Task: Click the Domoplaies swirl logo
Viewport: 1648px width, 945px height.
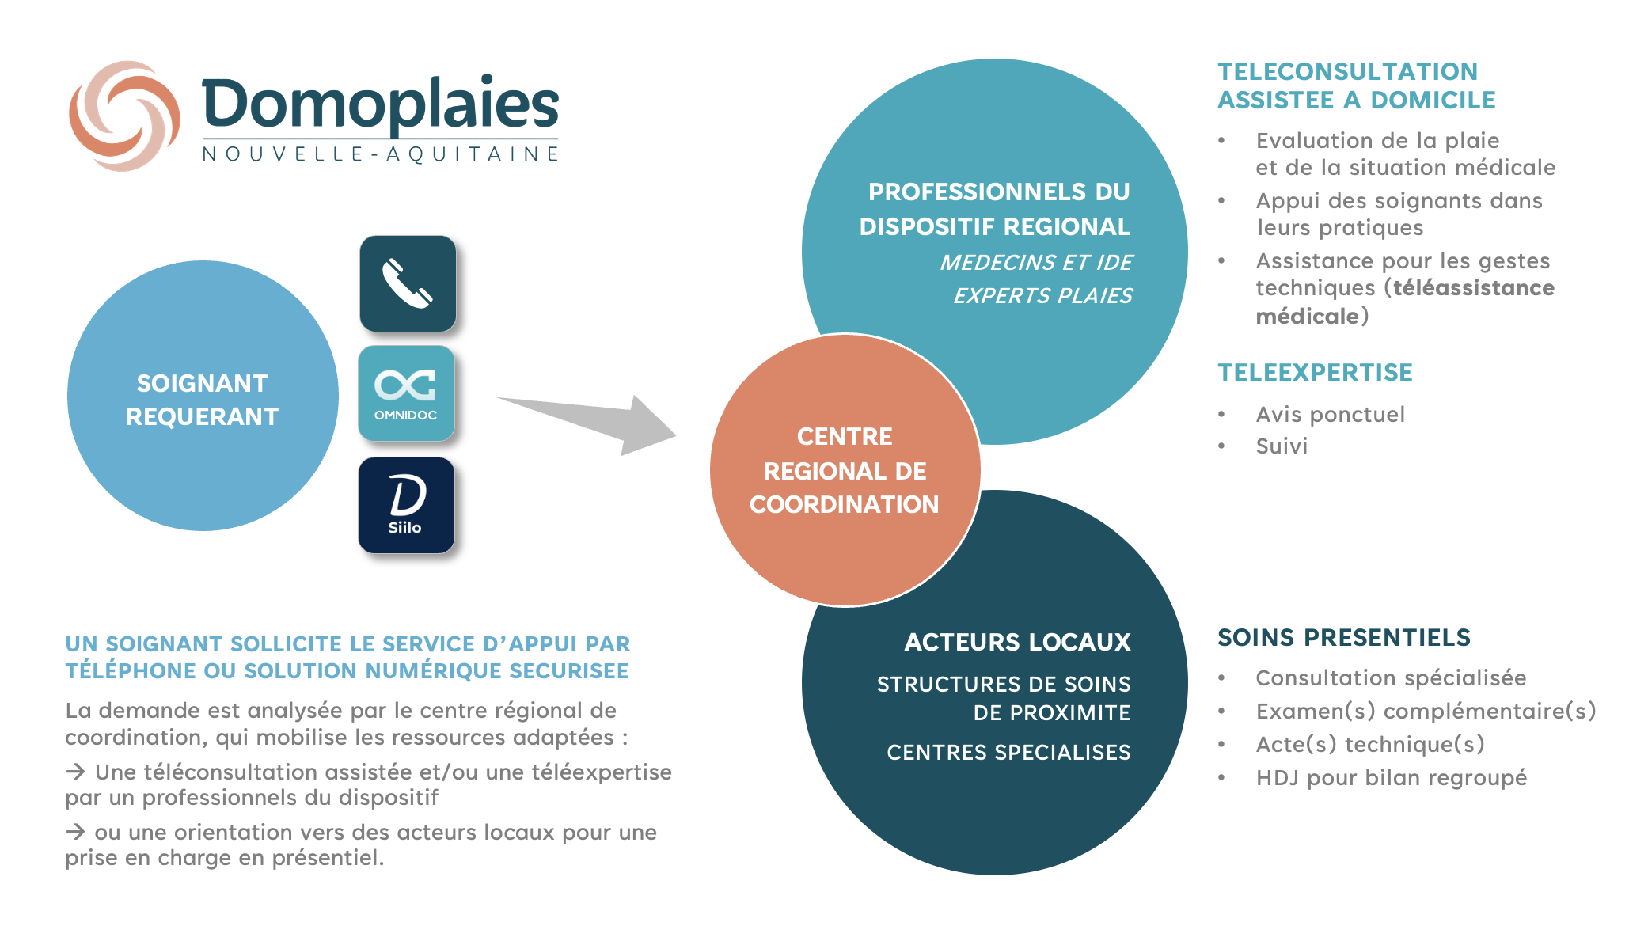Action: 124,116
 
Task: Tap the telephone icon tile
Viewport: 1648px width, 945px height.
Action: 408,283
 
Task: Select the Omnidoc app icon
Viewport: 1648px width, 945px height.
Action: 406,393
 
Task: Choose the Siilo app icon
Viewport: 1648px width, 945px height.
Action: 406,505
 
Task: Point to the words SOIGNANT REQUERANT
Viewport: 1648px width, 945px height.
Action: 203,400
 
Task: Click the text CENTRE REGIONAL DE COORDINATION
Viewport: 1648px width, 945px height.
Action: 845,470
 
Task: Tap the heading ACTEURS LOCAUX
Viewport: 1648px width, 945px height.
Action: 1018,642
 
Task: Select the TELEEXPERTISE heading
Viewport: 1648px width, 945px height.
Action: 1315,372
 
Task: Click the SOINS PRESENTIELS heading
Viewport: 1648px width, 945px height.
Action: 1344,637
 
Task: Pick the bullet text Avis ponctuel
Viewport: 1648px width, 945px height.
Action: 1331,414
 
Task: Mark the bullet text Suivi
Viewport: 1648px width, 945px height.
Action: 1282,446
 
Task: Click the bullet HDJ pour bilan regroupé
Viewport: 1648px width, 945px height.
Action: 1392,778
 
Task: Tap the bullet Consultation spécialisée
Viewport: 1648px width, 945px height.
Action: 1391,678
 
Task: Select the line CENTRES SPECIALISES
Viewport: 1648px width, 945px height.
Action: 1008,752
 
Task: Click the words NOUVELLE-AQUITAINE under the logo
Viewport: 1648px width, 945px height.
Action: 381,154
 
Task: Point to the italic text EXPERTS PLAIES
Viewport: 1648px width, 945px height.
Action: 1042,296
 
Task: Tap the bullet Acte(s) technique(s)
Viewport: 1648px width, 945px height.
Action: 1370,745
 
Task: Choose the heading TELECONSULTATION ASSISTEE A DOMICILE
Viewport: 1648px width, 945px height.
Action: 1357,85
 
